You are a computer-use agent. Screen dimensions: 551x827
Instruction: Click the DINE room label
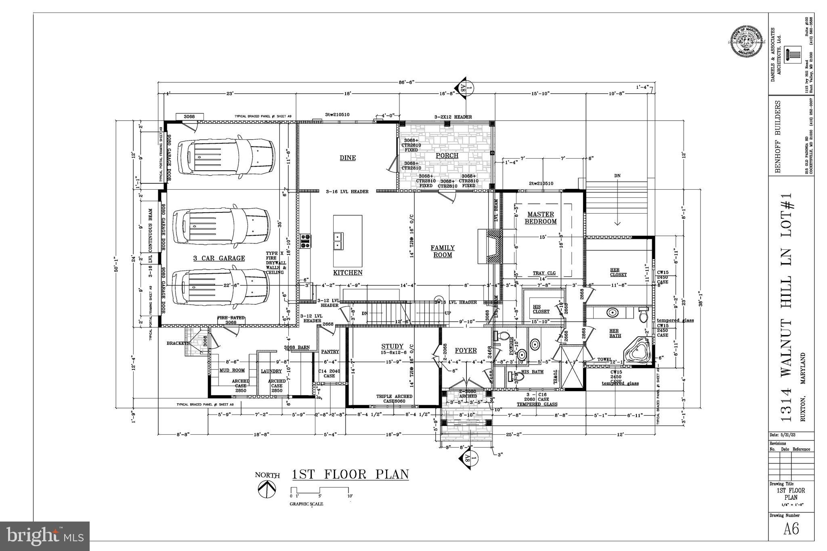348,158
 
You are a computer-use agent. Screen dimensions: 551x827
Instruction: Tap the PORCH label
447,155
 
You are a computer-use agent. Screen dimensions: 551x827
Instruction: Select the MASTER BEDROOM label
541,218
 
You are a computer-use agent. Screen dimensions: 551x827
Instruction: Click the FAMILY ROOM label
443,251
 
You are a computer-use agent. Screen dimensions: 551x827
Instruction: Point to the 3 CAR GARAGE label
219,258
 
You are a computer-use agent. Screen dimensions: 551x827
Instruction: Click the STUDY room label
392,346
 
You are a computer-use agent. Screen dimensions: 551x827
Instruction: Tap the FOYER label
466,351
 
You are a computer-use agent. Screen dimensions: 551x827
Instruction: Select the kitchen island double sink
338,241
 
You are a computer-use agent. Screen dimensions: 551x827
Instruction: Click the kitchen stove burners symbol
306,241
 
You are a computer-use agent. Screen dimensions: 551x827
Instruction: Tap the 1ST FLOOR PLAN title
350,474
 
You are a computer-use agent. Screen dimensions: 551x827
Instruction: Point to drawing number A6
791,529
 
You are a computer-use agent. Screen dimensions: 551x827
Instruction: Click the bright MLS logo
45,536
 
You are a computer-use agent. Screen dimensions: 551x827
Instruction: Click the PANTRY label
330,352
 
